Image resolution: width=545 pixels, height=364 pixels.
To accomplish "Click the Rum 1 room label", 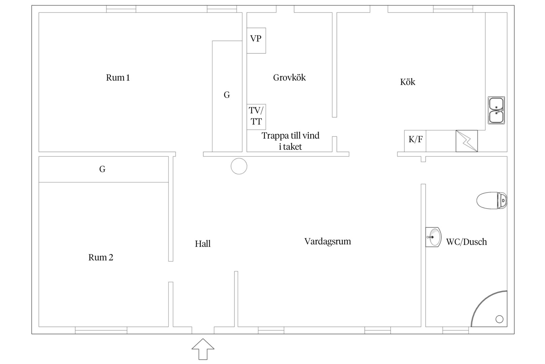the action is pyautogui.click(x=118, y=78).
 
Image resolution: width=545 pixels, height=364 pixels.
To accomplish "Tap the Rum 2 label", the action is pyautogui.click(x=101, y=257).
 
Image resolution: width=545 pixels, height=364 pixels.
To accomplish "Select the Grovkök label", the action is pyautogui.click(x=289, y=78).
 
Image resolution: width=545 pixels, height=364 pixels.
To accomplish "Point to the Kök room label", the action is pyautogui.click(x=407, y=82).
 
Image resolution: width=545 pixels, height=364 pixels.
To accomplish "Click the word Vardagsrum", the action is pyautogui.click(x=327, y=242).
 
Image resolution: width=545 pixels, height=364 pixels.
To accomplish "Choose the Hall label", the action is pyautogui.click(x=203, y=244).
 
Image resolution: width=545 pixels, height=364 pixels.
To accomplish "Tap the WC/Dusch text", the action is pyautogui.click(x=466, y=242).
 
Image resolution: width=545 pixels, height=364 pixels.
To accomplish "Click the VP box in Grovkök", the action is pyautogui.click(x=256, y=40).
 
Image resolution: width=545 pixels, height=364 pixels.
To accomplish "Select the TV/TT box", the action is pyautogui.click(x=256, y=117).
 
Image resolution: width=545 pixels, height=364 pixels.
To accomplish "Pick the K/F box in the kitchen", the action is pyautogui.click(x=415, y=141).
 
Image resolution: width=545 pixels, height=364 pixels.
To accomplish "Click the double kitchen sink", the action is pyautogui.click(x=496, y=110).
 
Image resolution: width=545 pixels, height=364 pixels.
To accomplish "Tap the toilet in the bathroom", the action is pyautogui.click(x=492, y=201).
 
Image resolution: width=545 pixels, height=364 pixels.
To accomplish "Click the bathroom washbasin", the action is pyautogui.click(x=433, y=237).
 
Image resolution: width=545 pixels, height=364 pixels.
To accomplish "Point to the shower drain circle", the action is pyautogui.click(x=499, y=319).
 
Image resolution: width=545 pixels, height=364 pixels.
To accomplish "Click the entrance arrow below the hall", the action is pyautogui.click(x=203, y=349).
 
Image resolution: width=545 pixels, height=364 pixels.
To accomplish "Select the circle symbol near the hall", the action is pyautogui.click(x=239, y=166).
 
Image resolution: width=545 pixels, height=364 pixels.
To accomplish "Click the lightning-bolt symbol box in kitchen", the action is pyautogui.click(x=467, y=141).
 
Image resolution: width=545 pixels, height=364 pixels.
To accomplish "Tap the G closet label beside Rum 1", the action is pyautogui.click(x=227, y=95).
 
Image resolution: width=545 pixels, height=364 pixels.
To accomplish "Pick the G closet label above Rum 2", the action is pyautogui.click(x=102, y=169).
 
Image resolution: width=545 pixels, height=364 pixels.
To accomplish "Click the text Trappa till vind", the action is pyautogui.click(x=291, y=135).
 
